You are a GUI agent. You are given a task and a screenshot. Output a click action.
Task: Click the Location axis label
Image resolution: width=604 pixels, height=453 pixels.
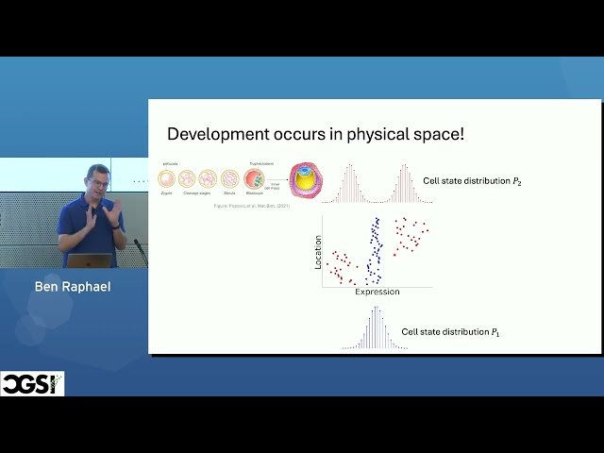(x=318, y=253)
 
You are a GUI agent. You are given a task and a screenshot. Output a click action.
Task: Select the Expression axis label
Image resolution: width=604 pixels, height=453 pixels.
(x=377, y=292)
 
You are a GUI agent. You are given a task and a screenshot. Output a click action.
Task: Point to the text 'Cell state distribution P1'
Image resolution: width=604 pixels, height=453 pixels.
(x=449, y=332)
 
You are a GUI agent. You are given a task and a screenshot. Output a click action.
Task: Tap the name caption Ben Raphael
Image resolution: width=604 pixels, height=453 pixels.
(x=73, y=286)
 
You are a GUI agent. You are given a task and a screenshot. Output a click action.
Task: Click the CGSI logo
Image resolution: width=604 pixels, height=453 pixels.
(x=32, y=384)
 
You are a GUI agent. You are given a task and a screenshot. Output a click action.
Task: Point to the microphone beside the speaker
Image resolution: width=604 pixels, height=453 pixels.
(x=140, y=249)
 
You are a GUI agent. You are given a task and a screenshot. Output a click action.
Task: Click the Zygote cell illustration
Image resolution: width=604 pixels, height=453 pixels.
(x=168, y=177)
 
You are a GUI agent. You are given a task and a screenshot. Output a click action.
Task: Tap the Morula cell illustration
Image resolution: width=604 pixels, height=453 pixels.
(x=229, y=177)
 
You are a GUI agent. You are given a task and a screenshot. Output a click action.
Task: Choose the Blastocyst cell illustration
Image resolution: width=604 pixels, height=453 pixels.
(x=254, y=177)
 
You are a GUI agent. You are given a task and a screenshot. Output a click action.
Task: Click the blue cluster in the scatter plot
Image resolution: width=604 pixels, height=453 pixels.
(x=375, y=250)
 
